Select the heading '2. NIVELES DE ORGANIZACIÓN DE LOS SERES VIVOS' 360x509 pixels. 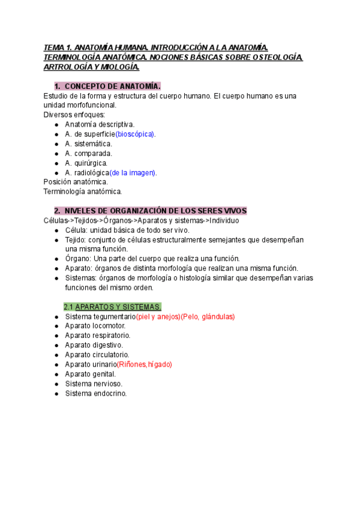pos(150,211)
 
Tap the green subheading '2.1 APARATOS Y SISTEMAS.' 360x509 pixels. pos(112,307)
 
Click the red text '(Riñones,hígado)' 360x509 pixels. pos(144,364)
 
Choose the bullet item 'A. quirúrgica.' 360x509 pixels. pos(86,163)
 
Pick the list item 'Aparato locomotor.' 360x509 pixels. pos(95,326)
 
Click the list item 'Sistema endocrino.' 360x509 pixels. pos(96,393)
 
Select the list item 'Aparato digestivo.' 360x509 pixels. pos(94,345)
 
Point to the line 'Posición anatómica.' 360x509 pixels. pos(76,182)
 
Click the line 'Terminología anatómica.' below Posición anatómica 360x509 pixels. pos(83,191)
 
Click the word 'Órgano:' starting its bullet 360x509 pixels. pos(78,259)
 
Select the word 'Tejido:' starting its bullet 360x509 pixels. pos(77,239)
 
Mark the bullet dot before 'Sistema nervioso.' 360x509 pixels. pos(56,384)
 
